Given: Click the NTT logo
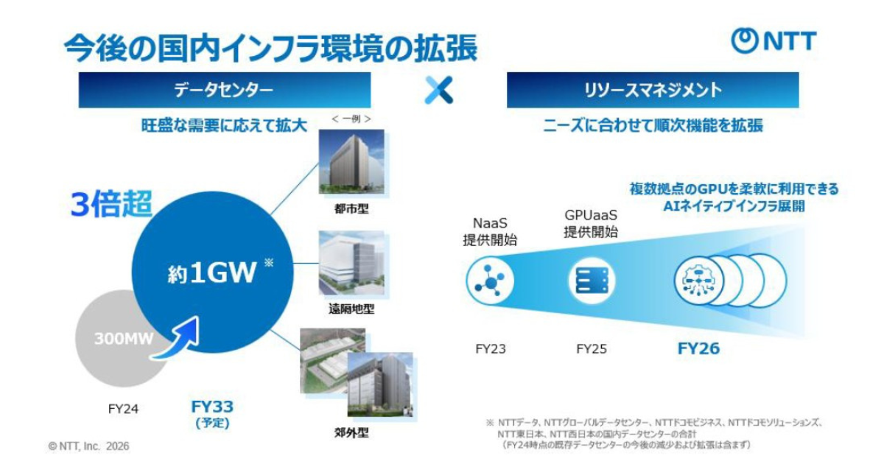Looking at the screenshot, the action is coord(773,41).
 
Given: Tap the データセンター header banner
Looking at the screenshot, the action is coord(225,90).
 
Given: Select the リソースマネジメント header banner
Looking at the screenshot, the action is coord(653,90).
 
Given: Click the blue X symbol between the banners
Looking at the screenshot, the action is coord(438,90).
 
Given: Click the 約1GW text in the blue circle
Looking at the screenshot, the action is coord(212,273).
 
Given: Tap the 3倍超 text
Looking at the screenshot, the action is coord(111,204).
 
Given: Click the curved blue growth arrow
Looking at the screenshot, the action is coord(178,340).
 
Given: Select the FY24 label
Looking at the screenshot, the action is coord(123,409).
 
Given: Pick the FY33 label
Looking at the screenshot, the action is coord(212,407).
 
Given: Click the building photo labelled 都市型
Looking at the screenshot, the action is coord(351,161).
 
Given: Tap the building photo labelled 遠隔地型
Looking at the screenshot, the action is coord(351,263).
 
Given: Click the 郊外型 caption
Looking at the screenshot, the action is coord(351,433).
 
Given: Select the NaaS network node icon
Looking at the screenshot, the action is coord(490,281).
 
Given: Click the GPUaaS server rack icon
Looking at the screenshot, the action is coord(592,281).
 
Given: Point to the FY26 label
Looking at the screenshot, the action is coord(698,348).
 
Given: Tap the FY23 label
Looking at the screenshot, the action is coord(490,349).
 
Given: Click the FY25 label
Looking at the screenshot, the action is coord(592,349).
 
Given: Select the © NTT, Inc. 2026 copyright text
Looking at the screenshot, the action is coord(88,446).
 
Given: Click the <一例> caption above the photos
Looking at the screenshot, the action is coord(351,119).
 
